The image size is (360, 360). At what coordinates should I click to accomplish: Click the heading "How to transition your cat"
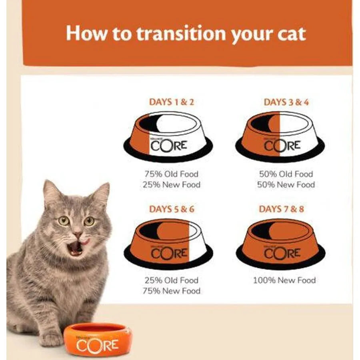click(x=186, y=34)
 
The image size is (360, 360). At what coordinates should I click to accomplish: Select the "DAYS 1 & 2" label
click(x=171, y=102)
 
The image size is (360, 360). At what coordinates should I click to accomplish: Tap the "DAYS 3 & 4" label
click(x=286, y=102)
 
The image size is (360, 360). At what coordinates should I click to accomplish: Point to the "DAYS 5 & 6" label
click(x=171, y=209)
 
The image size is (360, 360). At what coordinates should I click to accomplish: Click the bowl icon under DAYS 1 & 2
click(x=168, y=136)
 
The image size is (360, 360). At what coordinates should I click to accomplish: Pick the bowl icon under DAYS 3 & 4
click(x=280, y=136)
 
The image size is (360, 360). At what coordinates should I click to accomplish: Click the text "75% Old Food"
click(x=171, y=174)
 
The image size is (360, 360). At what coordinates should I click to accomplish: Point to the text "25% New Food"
click(x=171, y=184)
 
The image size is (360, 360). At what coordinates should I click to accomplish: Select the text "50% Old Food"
click(x=286, y=174)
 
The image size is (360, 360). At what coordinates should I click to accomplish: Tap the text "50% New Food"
click(x=286, y=184)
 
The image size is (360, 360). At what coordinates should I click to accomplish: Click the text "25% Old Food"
click(x=171, y=280)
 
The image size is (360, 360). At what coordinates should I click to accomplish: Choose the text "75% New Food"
click(x=171, y=291)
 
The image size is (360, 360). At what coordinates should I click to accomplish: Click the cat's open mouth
click(x=75, y=248)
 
